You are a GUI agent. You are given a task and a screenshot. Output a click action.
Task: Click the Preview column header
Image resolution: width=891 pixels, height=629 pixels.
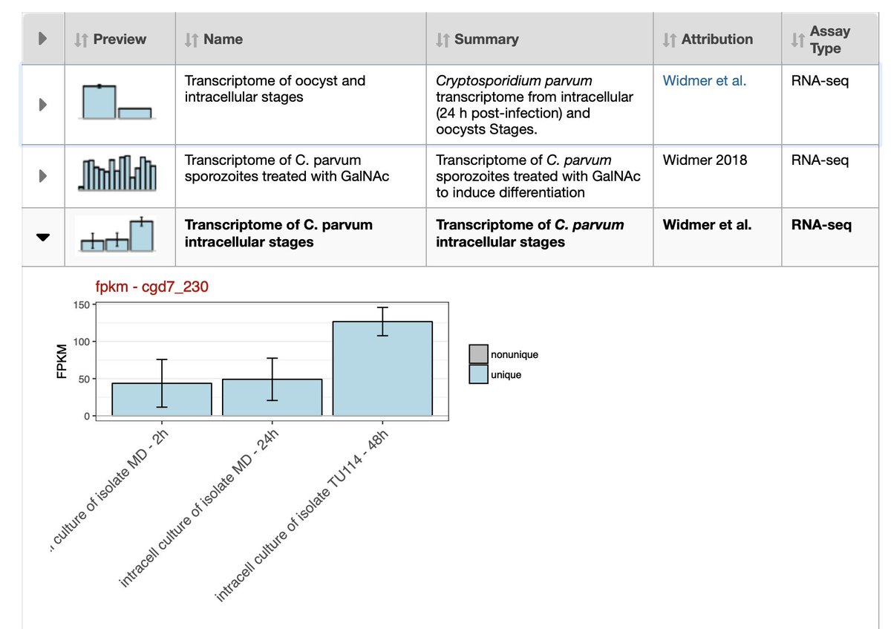pyautogui.click(x=119, y=39)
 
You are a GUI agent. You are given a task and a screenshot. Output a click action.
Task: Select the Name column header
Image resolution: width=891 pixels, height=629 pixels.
pyautogui.click(x=222, y=39)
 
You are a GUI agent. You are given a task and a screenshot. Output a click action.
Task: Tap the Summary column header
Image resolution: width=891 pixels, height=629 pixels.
pyautogui.click(x=486, y=39)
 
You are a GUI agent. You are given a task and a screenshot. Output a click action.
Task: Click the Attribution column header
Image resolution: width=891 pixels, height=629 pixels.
pyautogui.click(x=717, y=39)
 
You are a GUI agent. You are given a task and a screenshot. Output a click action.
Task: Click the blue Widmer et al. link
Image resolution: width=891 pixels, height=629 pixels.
pyautogui.click(x=704, y=81)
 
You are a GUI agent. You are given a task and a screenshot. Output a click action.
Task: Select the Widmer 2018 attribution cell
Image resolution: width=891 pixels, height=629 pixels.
pyautogui.click(x=705, y=160)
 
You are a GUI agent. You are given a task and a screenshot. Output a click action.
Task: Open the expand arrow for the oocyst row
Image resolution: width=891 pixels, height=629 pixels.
pyautogui.click(x=42, y=105)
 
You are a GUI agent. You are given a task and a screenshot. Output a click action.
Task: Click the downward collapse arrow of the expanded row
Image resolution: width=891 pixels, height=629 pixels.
pyautogui.click(x=42, y=237)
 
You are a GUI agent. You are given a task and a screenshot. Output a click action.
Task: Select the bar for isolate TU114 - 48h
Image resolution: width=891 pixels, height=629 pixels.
pyautogui.click(x=382, y=368)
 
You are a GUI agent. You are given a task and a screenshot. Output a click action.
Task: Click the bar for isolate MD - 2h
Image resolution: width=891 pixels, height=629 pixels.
pyautogui.click(x=162, y=399)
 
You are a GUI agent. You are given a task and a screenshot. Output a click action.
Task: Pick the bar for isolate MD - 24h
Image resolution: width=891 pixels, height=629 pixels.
pyautogui.click(x=272, y=397)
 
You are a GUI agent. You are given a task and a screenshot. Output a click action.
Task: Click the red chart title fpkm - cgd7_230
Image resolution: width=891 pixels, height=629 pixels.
pyautogui.click(x=151, y=287)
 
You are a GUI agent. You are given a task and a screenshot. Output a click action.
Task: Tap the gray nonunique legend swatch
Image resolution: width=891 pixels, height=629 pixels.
pyautogui.click(x=479, y=355)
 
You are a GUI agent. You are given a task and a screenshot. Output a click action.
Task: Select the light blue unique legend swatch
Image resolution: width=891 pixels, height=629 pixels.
pyautogui.click(x=479, y=374)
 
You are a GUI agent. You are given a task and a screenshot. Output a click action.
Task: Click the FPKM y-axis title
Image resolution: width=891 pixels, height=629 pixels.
pyautogui.click(x=62, y=359)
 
